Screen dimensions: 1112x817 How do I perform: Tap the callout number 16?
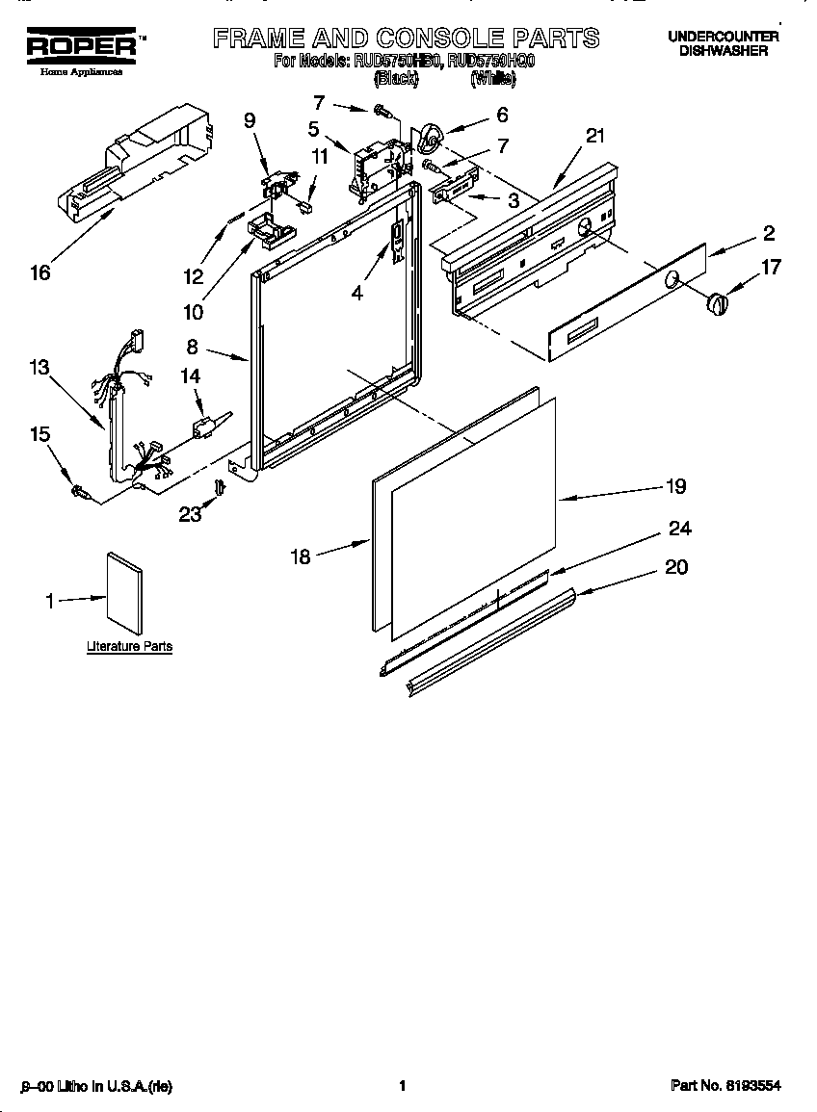click(x=40, y=273)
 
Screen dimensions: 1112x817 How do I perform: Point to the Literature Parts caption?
click(x=129, y=646)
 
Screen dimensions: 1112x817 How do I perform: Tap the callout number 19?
click(x=676, y=486)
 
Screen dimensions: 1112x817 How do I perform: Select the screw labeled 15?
click(x=81, y=494)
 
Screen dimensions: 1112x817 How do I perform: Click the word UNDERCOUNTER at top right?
click(x=724, y=37)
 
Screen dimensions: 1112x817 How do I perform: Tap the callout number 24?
click(x=679, y=529)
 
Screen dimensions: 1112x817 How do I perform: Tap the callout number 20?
click(x=676, y=567)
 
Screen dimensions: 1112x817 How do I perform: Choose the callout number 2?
click(x=769, y=232)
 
